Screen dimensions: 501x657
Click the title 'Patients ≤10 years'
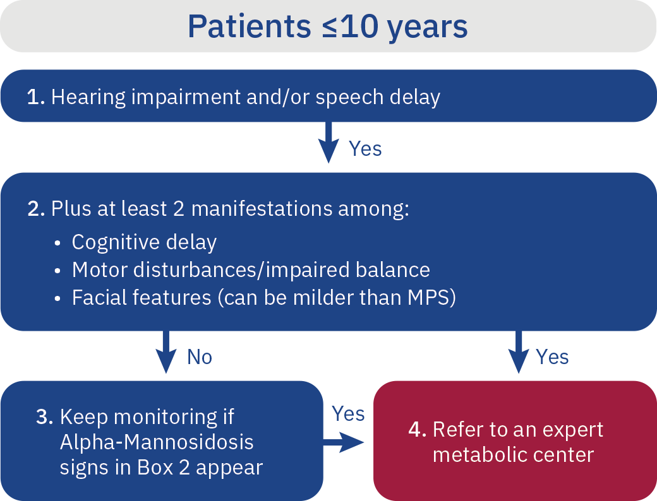coord(328,27)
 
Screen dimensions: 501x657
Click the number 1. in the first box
coord(35,98)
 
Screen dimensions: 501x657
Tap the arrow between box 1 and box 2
coord(328,143)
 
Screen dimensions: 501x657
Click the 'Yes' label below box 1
coord(365,149)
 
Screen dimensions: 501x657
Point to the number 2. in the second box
coord(36,209)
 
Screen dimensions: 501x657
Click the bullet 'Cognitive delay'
coord(144,242)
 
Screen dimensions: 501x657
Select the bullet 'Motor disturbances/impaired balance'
coord(251,270)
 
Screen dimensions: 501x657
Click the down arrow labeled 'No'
coord(166,353)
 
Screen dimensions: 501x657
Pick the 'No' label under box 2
coord(200,357)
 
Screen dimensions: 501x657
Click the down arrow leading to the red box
coord(519,353)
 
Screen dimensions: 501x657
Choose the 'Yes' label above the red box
coord(552,357)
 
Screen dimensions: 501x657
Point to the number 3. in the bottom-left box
coord(45,417)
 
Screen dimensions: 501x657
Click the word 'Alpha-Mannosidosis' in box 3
coord(157,442)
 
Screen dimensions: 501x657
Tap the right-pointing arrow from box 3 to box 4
coord(344,442)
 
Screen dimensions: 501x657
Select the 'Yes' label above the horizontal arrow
coord(348,414)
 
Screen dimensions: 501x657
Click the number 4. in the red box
coord(418,430)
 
